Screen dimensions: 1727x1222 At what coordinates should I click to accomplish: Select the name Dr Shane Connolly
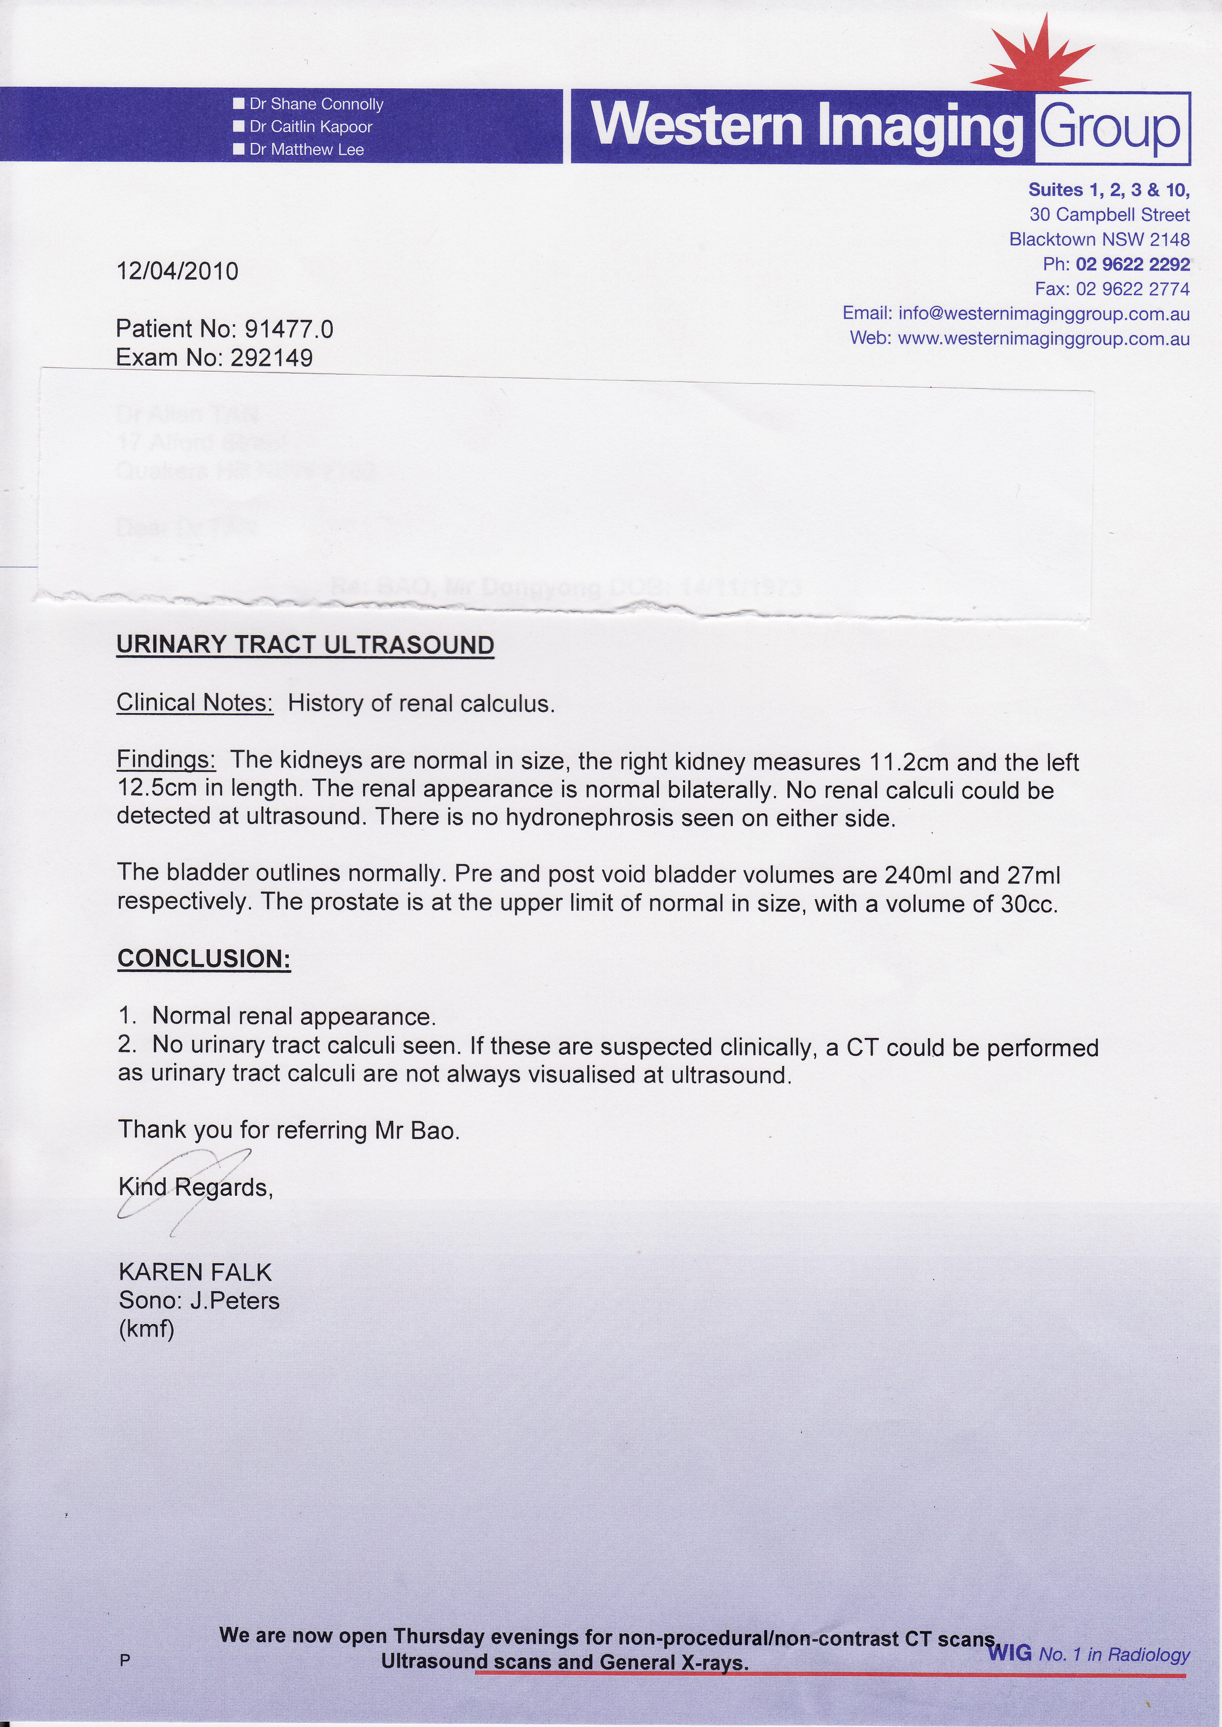(x=316, y=104)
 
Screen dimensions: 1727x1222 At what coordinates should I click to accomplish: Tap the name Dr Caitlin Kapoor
(x=311, y=127)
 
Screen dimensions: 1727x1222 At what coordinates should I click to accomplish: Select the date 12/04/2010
(x=177, y=271)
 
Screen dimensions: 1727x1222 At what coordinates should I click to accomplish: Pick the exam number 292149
(x=272, y=357)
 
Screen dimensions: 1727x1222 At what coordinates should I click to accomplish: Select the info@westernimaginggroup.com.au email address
(x=1044, y=314)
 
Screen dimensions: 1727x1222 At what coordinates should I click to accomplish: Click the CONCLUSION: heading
(x=204, y=959)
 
